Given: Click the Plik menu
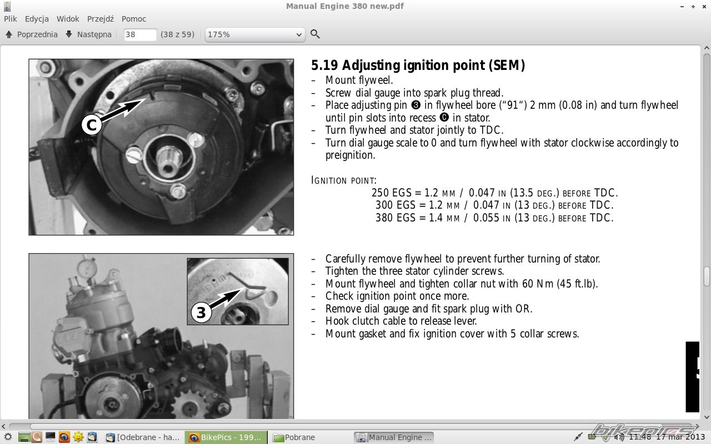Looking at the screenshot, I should pos(11,19).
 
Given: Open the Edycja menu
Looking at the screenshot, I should pos(37,19).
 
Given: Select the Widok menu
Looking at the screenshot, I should pos(68,19).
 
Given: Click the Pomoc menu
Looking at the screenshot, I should pos(134,19).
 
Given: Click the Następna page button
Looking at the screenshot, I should pos(88,34).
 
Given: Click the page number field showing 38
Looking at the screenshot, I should pos(140,34).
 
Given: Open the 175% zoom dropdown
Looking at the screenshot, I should pos(255,34).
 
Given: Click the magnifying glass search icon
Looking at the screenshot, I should pos(315,34).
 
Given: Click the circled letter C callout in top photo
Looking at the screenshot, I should pos(91,125).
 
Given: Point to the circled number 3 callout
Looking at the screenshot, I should pos(201,313).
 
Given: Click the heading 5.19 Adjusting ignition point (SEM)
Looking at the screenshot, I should pos(418,65).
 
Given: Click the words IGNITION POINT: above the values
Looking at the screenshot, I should pos(344,180).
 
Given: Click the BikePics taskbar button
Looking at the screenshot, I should pos(226,437).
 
